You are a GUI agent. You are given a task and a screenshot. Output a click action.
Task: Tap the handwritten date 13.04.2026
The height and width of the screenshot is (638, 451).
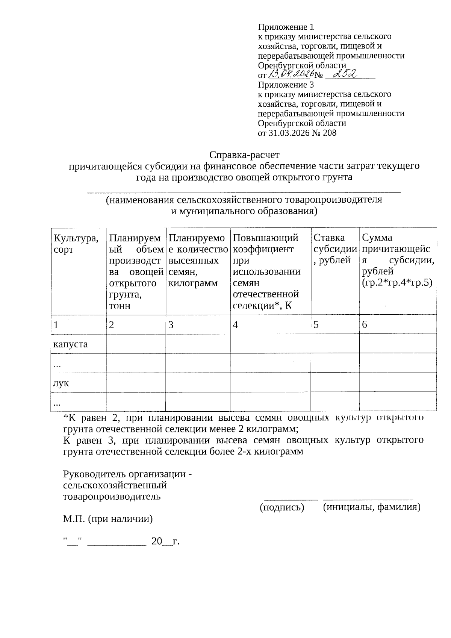(x=291, y=74)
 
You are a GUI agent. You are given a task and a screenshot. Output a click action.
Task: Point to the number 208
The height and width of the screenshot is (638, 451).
(x=329, y=133)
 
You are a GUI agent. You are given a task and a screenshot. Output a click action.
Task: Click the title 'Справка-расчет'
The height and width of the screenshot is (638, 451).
(x=244, y=155)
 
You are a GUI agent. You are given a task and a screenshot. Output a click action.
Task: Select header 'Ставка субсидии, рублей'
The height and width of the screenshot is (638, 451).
(x=334, y=249)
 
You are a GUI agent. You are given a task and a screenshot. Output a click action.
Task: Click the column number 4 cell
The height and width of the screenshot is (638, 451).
(x=270, y=325)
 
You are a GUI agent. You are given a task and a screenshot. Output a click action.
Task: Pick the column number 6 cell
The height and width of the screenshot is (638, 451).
(x=398, y=325)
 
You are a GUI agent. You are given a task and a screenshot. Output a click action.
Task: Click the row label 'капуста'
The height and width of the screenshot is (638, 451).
(x=71, y=344)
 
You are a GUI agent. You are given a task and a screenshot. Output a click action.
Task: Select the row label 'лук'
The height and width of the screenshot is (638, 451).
(x=61, y=383)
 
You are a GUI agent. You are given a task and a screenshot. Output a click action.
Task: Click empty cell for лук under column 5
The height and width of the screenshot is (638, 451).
(x=334, y=382)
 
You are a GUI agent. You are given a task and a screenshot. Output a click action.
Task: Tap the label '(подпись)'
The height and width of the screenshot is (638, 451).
(x=282, y=507)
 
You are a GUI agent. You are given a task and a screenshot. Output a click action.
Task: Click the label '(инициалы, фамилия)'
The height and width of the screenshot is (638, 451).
(x=371, y=507)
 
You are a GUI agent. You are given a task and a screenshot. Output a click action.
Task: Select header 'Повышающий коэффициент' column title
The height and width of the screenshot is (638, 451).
(x=266, y=243)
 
